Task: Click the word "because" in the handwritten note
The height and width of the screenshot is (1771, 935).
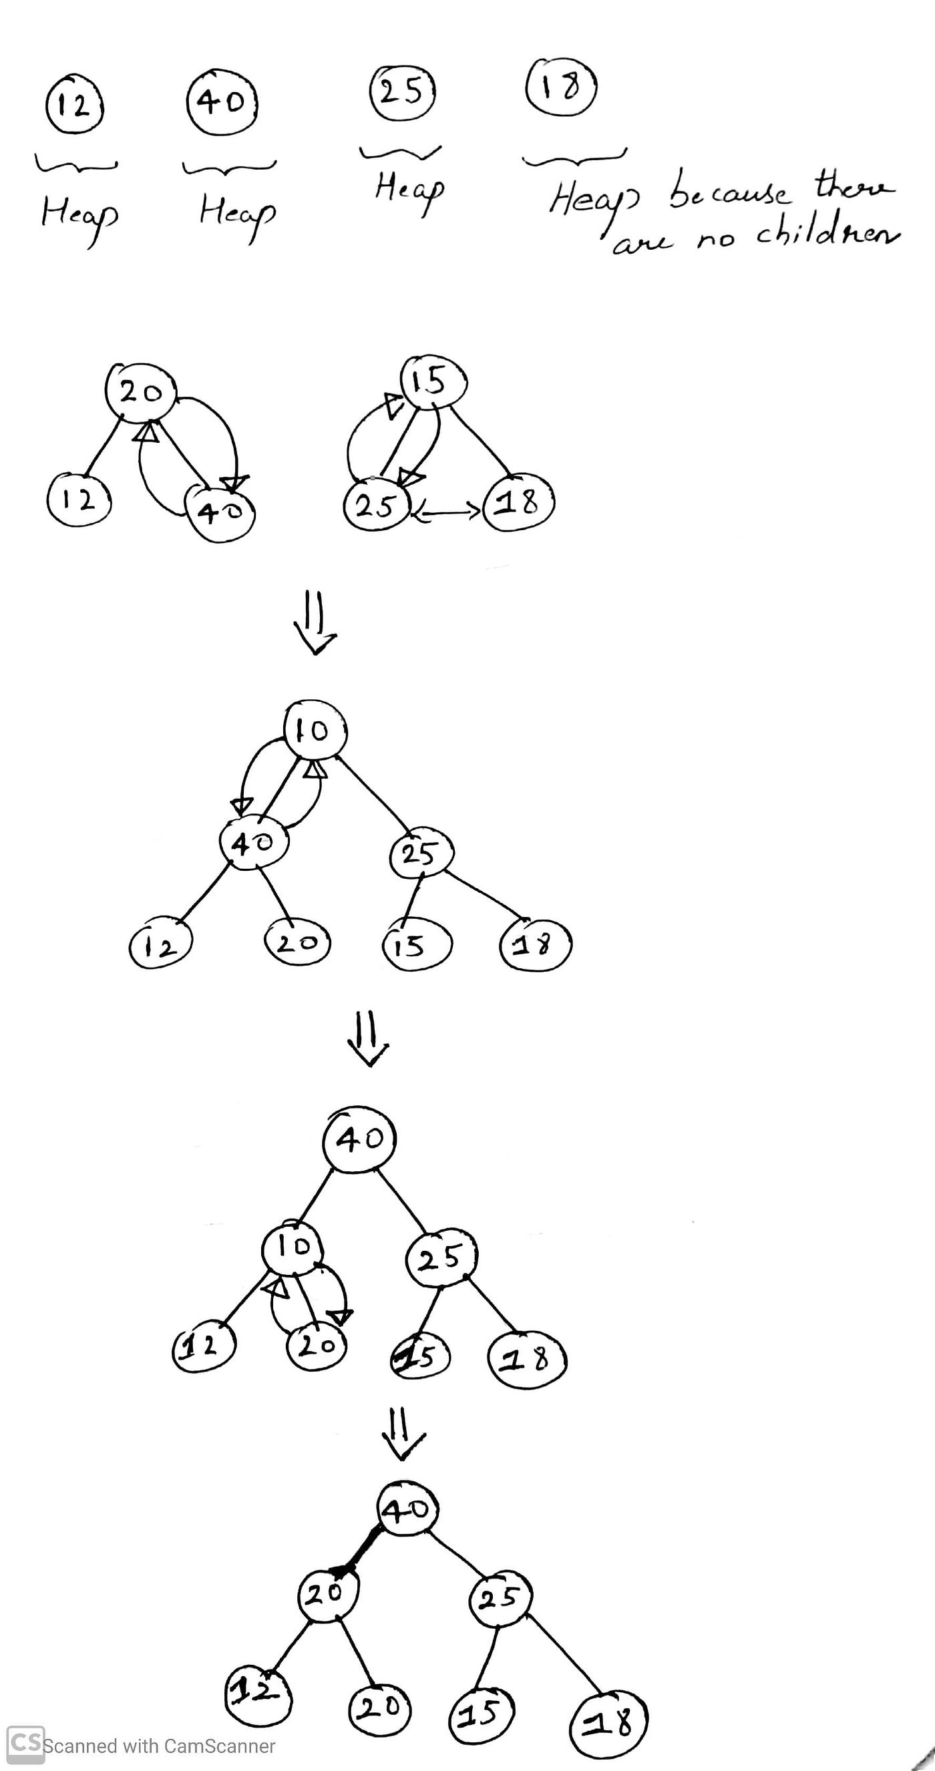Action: pyautogui.click(x=729, y=193)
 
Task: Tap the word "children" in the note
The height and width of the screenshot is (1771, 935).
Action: pyautogui.click(x=827, y=234)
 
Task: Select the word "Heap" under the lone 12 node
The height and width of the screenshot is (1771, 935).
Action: pyautogui.click(x=79, y=214)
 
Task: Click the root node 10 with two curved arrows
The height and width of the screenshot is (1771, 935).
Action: pyautogui.click(x=315, y=731)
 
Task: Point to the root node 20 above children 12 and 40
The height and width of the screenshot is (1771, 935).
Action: pyautogui.click(x=140, y=391)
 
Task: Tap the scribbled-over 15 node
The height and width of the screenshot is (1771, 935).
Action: pyautogui.click(x=419, y=1356)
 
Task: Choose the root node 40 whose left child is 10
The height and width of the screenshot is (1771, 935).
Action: pyautogui.click(x=359, y=1139)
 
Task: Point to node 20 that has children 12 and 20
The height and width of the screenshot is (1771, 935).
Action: pyautogui.click(x=327, y=1593)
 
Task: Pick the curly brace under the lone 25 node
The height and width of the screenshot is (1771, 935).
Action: pyautogui.click(x=401, y=153)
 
